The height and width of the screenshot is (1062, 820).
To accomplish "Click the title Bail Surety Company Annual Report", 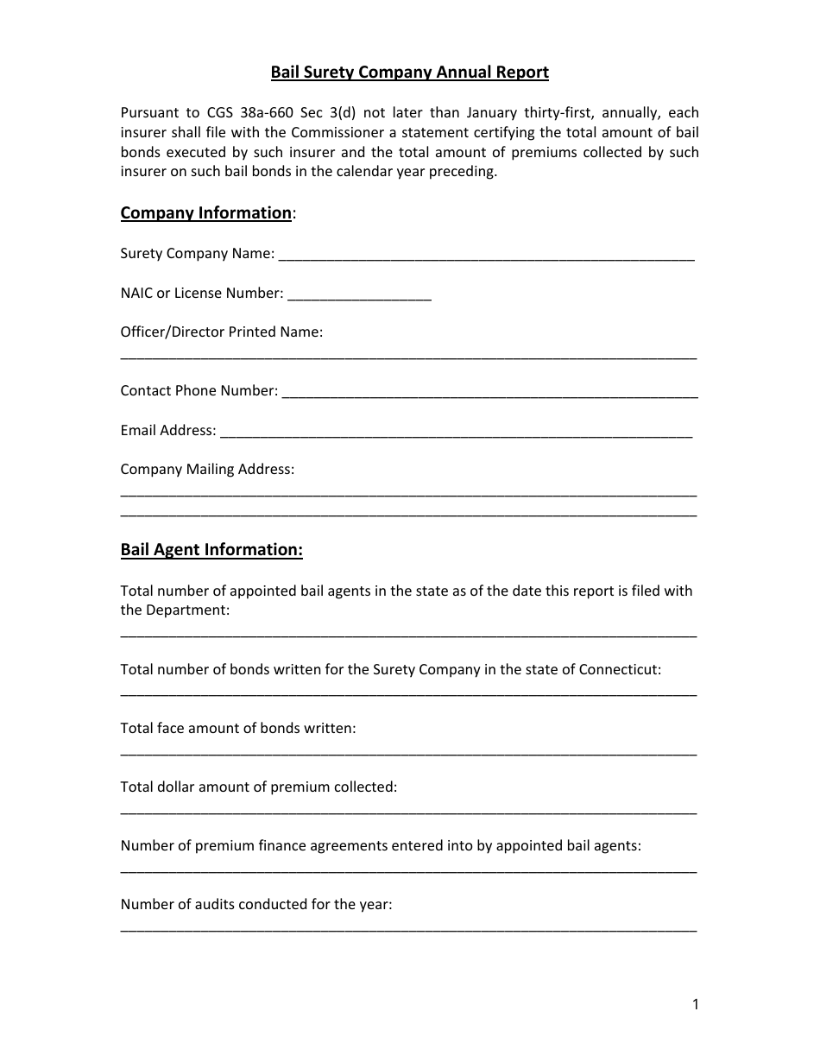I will click(409, 73).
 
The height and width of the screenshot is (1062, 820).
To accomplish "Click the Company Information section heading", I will click(205, 213).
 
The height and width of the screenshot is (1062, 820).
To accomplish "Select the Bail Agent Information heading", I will click(211, 550).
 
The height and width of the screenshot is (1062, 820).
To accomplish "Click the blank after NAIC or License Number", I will click(359, 297).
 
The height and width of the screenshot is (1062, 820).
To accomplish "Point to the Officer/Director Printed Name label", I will click(222, 332).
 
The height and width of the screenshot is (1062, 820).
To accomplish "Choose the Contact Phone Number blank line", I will click(489, 395).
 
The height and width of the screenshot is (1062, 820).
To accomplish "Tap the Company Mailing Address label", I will click(207, 470).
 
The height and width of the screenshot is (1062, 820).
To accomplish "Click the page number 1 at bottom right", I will click(695, 1004).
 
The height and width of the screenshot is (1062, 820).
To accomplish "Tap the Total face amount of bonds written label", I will click(238, 729).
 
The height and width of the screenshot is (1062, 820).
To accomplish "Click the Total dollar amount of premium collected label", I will click(259, 787).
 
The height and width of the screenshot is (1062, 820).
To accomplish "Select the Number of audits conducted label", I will click(256, 905).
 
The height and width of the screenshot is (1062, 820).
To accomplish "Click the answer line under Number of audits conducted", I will click(408, 929).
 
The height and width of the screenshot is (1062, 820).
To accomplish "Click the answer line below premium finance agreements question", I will click(408, 870).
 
